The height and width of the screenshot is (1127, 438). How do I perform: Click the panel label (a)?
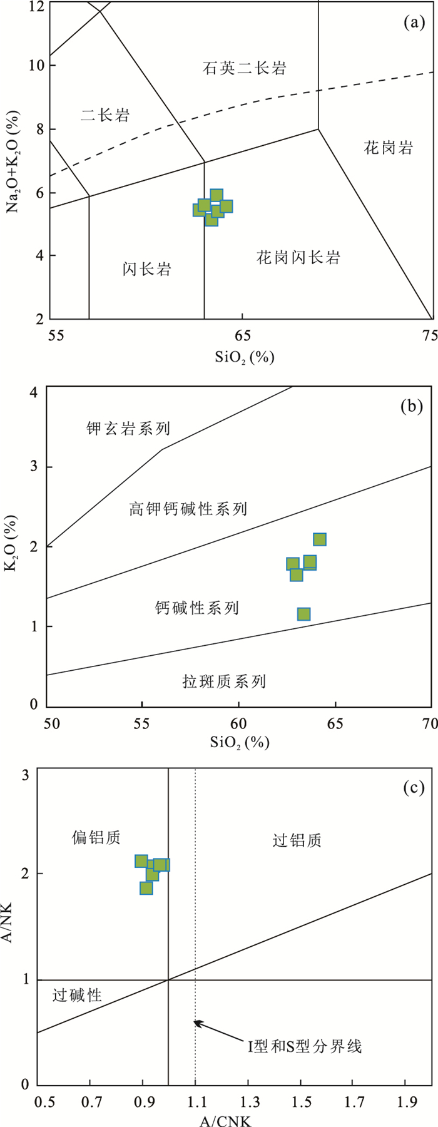[413, 24]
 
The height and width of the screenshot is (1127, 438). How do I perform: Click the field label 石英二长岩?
[245, 68]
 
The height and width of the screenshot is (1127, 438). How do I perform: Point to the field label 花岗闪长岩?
[298, 257]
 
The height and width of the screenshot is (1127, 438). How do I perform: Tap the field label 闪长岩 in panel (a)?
[147, 270]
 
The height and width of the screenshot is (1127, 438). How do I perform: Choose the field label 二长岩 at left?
[105, 115]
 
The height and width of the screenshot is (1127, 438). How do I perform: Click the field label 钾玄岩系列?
[128, 429]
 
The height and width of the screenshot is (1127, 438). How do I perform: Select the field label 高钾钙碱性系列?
[188, 508]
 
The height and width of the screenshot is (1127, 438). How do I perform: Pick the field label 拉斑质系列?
[224, 681]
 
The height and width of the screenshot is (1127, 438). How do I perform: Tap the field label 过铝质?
[297, 840]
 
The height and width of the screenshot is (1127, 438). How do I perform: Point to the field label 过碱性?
[77, 995]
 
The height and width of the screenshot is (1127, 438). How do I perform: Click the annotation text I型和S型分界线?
[305, 1045]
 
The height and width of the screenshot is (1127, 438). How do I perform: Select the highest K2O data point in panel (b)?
[320, 539]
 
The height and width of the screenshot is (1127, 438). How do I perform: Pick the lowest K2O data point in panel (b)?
[304, 614]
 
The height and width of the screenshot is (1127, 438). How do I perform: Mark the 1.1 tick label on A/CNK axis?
[195, 1100]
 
